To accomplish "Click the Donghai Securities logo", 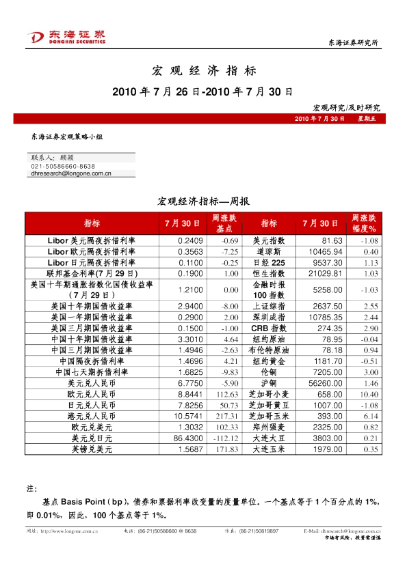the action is click(x=66, y=38).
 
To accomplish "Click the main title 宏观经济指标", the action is click(x=203, y=70).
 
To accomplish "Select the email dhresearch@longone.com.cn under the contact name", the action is click(x=71, y=174).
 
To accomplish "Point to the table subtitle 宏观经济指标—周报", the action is click(x=203, y=201).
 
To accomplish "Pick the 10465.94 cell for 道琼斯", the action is click(x=325, y=251).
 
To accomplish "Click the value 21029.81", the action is click(x=325, y=272).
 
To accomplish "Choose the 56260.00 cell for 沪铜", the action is click(x=325, y=384).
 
